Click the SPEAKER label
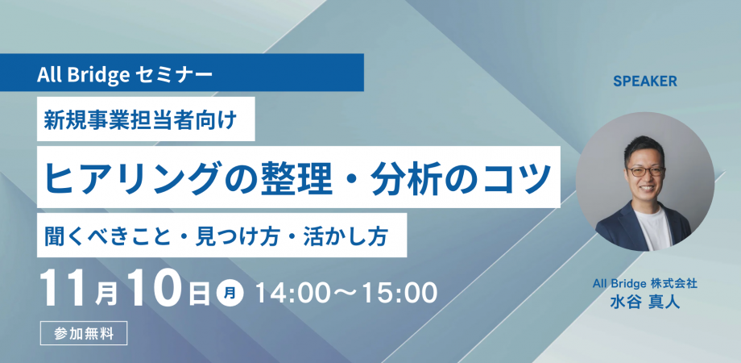coord(645,81)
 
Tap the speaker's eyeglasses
coord(645,171)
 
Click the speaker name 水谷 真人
coord(645,302)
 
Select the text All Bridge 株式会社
coord(645,284)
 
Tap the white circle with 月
coord(230,294)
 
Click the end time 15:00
coord(397,294)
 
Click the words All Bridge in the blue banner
coord(84,75)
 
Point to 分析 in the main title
coord(402,177)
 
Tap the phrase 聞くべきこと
coord(106,236)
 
